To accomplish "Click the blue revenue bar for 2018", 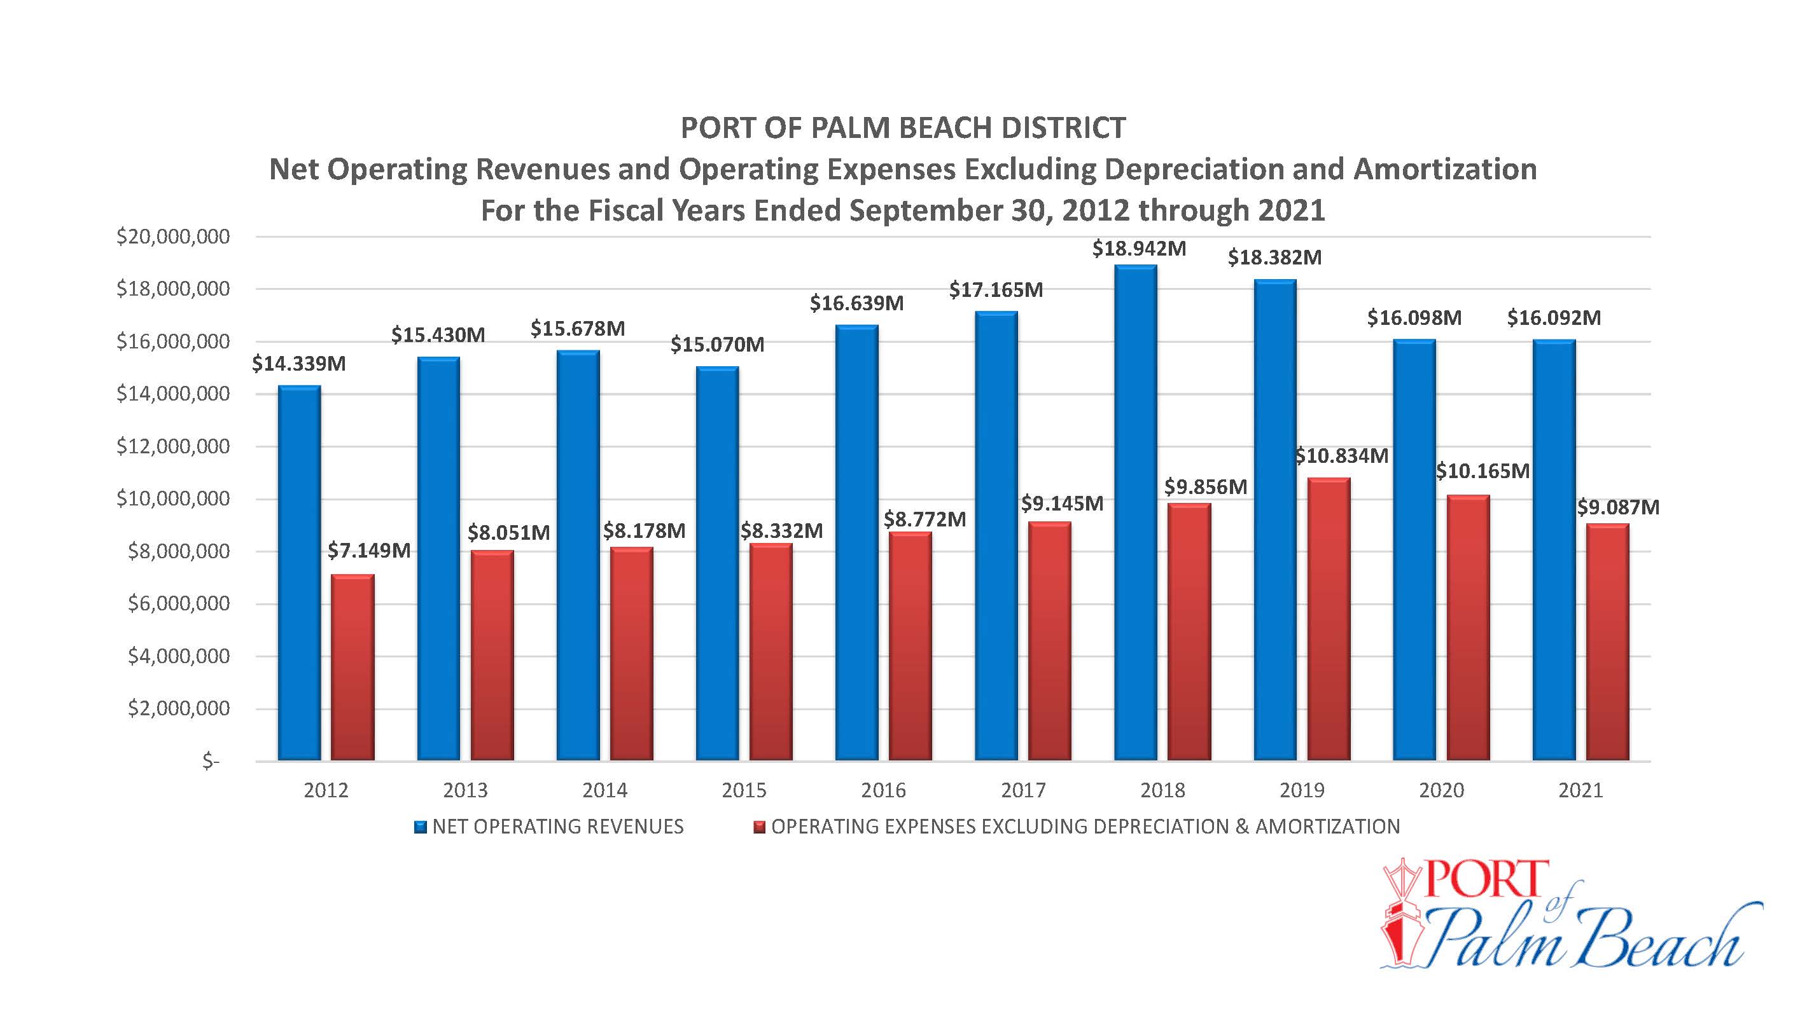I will (x=1136, y=512).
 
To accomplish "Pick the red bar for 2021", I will (x=1608, y=642).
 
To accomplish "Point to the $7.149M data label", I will (x=369, y=551).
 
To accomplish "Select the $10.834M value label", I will (x=1341, y=457).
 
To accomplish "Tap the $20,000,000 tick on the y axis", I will (x=173, y=237).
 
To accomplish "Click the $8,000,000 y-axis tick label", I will (x=179, y=552).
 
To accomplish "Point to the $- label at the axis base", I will (x=211, y=762).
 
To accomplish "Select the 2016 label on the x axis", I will (x=883, y=791).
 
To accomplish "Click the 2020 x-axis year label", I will (x=1442, y=791).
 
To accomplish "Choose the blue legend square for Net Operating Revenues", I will (x=421, y=827).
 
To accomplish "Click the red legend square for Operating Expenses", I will (x=759, y=827).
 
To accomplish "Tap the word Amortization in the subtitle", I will (x=1445, y=170).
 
